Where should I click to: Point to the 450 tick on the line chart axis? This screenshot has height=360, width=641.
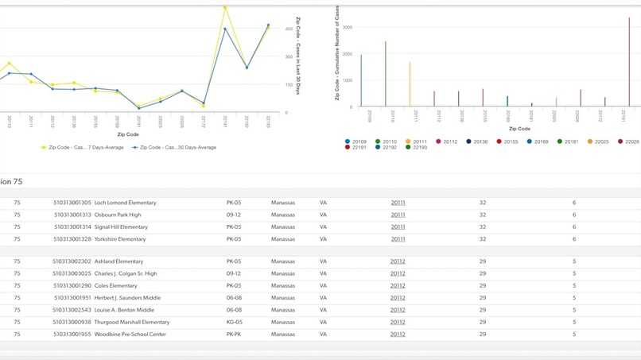pyautogui.click(x=289, y=29)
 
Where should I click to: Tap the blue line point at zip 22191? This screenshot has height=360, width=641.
pyautogui.click(x=225, y=29)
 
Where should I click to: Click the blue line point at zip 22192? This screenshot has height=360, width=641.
pyautogui.click(x=247, y=68)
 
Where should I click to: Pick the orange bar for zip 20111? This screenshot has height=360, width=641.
pyautogui.click(x=410, y=84)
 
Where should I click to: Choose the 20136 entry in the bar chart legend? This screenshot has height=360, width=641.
pyautogui.click(x=476, y=141)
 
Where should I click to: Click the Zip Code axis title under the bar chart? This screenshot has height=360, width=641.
pyautogui.click(x=519, y=128)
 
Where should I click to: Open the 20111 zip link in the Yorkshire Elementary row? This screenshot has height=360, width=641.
pyautogui.click(x=398, y=238)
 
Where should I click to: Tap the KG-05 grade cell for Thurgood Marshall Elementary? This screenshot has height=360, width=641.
pyautogui.click(x=234, y=322)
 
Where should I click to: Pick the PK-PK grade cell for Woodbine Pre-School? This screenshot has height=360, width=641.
pyautogui.click(x=233, y=335)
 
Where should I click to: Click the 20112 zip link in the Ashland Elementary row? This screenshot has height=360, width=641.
pyautogui.click(x=398, y=261)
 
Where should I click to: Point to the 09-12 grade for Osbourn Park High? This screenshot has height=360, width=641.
pyautogui.click(x=233, y=215)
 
